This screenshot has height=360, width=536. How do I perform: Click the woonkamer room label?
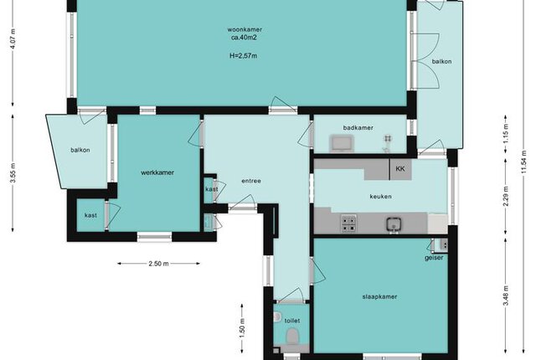245,29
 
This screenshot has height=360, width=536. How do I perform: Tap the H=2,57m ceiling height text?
244,55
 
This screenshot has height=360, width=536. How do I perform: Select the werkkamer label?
157,172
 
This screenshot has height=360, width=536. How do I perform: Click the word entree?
251,181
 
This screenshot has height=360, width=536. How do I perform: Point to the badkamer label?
358,128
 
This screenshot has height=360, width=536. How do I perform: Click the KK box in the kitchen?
400,169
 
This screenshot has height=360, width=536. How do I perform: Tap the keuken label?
381,197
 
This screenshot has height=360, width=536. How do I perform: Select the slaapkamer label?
379,297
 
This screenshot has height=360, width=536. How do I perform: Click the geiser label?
434,258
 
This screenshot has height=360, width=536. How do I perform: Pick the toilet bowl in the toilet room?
292,336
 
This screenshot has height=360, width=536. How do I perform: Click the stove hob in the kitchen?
348,224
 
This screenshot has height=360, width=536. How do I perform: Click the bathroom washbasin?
342,143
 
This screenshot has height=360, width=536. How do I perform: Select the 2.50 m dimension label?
158,264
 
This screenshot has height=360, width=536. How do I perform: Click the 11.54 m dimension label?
523,162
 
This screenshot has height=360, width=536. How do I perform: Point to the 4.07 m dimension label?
13,39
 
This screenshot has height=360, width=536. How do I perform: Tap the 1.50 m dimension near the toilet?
242,328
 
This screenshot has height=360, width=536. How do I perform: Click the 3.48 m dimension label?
506,296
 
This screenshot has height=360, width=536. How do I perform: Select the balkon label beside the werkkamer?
80,150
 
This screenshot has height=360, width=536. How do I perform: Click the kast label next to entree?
212,189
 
